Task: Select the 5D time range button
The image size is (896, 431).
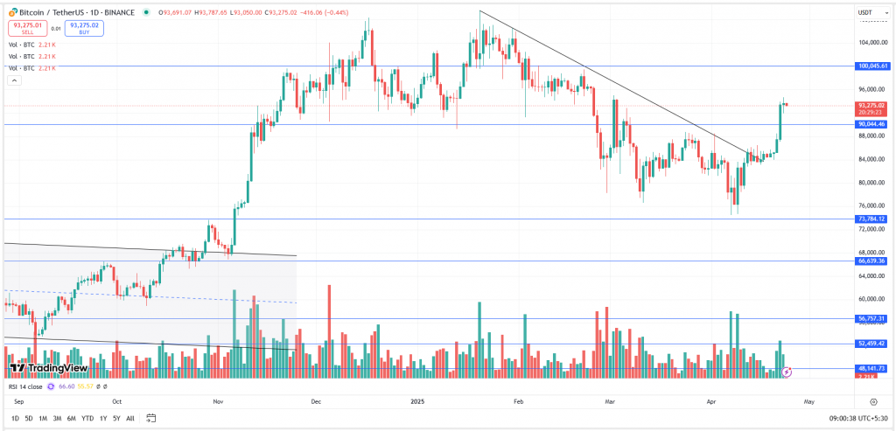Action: pos(29,418)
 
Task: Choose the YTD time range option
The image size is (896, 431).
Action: pos(87,418)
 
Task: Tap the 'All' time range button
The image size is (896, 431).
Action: pos(130,418)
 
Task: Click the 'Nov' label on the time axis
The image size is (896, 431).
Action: pos(219,400)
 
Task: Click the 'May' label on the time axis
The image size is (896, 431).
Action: pos(808,400)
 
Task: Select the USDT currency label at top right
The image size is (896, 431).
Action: pos(866,12)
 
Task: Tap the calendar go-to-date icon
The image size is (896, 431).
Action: pos(151,418)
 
